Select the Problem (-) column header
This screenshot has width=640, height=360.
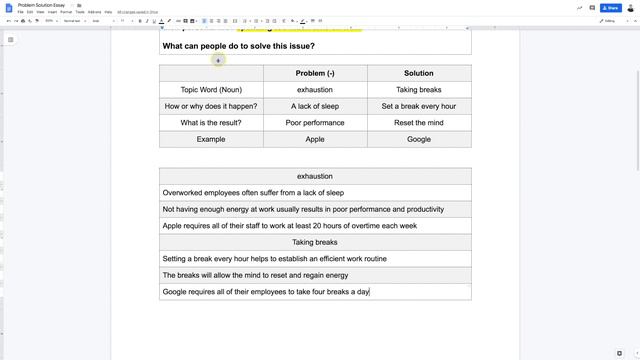(x=315, y=73)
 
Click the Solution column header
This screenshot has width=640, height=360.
(x=418, y=73)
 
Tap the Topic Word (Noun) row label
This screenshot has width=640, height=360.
(x=211, y=90)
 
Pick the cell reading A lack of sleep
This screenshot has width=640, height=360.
(x=315, y=106)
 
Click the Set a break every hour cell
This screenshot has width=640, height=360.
(x=418, y=106)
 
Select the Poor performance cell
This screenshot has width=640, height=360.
(x=315, y=123)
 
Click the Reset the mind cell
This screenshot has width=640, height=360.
(x=418, y=123)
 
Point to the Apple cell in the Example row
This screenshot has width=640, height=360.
(x=315, y=140)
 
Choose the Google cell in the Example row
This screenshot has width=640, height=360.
(x=418, y=140)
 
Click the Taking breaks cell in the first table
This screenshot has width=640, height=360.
(x=418, y=90)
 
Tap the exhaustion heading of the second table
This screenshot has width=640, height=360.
(x=315, y=176)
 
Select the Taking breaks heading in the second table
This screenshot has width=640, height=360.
(x=315, y=242)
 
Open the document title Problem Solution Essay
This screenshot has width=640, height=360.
(x=44, y=5)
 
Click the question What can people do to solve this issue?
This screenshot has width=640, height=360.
(x=238, y=46)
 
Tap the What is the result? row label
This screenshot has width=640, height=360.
(x=211, y=123)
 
